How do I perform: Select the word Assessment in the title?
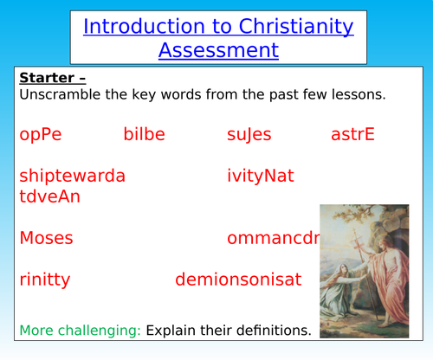(218, 49)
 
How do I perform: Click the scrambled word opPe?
(41, 134)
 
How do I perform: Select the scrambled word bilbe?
(144, 134)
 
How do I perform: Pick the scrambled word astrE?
(352, 134)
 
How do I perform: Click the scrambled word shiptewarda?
(72, 176)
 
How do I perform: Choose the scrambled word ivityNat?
(261, 176)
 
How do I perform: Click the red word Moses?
(46, 238)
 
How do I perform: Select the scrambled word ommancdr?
(274, 238)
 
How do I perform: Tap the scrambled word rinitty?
(44, 280)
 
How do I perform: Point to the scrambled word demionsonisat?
(238, 280)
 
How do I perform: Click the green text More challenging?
(80, 330)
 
